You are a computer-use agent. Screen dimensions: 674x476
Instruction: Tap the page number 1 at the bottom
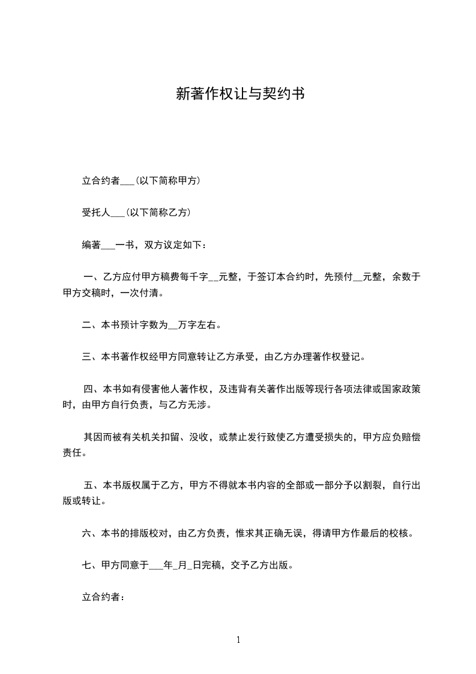238,640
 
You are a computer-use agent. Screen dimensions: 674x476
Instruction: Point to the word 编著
91,244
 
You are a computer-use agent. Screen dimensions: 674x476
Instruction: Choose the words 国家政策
401,389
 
